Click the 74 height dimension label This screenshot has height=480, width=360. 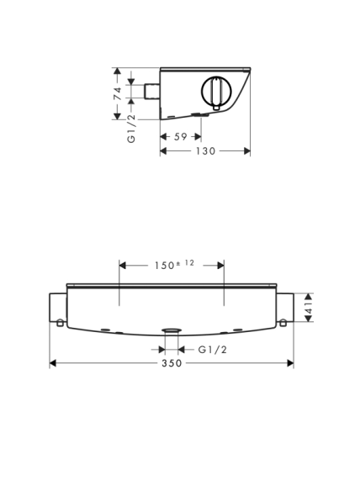[x=118, y=93]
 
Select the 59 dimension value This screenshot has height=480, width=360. [x=181, y=137]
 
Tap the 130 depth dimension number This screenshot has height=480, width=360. [x=205, y=151]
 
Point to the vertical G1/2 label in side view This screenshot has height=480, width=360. [x=131, y=128]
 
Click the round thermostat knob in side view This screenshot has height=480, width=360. [x=216, y=91]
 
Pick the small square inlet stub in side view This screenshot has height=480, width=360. [x=152, y=92]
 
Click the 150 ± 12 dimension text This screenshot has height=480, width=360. [x=174, y=265]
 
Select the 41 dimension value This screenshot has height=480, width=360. [x=309, y=308]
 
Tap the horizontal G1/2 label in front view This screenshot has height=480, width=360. [x=213, y=350]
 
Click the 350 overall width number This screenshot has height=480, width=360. [x=172, y=363]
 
